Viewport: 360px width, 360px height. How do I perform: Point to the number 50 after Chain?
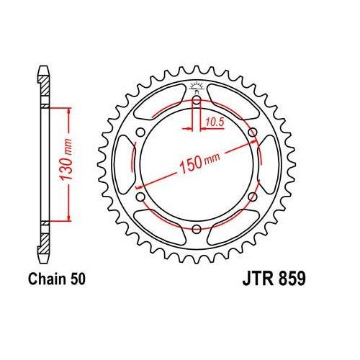(x=79, y=279)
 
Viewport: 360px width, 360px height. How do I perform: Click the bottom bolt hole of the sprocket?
(x=196, y=228)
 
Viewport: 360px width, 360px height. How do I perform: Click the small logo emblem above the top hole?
(x=196, y=88)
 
